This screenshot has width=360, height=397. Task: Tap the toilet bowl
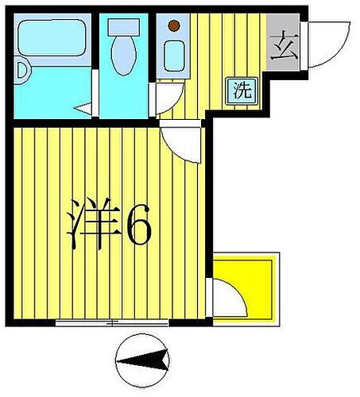(124, 56)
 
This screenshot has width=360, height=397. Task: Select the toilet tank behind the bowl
(124, 26)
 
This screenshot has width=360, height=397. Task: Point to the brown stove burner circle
(174, 27)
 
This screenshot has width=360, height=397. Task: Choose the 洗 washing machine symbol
(242, 90)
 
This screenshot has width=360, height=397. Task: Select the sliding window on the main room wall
(111, 322)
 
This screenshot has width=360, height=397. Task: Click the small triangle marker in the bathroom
(82, 108)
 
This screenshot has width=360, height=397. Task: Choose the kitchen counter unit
(173, 44)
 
